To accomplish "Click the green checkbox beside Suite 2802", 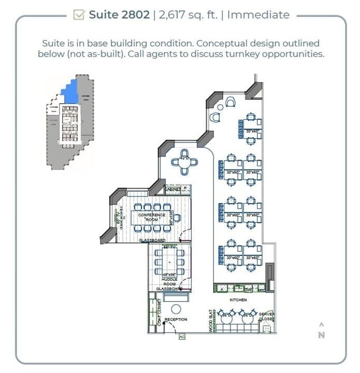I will (x=79, y=15).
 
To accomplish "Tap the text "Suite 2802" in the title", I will (x=119, y=15).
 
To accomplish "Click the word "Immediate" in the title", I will (x=258, y=15).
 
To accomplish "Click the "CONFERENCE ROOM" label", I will (x=152, y=217).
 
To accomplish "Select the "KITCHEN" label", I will (x=238, y=300).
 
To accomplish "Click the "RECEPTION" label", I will (x=176, y=320).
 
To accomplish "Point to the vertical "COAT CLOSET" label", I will (x=153, y=313).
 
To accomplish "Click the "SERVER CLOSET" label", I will (x=266, y=317).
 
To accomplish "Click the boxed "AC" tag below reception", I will (x=181, y=337).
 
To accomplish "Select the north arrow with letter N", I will (x=321, y=331).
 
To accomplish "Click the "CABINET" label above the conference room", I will (x=173, y=190).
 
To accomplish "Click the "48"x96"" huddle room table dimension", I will (x=170, y=275).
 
